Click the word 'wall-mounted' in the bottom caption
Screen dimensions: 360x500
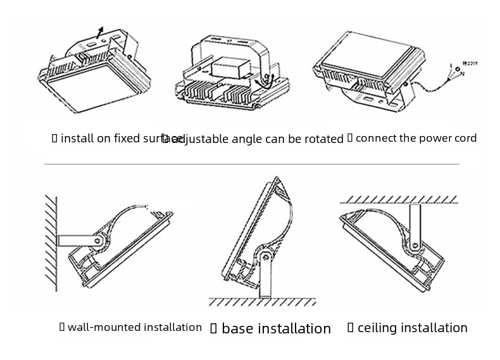pyautogui.click(x=104, y=327)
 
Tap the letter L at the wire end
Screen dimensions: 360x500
pyautogui.click(x=450, y=65)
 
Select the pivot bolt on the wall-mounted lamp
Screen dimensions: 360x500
pyautogui.click(x=97, y=241)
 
